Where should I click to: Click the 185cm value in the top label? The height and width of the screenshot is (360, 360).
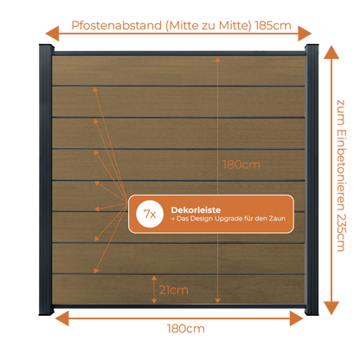273,25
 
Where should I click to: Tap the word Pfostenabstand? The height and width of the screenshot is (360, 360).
117,25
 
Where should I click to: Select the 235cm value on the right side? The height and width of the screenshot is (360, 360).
341,232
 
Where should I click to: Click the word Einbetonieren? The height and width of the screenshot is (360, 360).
341,170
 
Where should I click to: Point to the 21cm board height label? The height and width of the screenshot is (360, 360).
174,290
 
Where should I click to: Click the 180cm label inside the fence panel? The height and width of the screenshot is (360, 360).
241,164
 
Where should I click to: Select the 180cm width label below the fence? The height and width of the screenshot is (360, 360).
186,329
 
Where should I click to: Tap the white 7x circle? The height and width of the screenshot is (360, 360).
150,214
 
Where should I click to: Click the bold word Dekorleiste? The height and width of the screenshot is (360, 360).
196,209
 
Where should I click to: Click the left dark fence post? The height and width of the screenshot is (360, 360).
46,179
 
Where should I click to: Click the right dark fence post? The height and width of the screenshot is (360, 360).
312,179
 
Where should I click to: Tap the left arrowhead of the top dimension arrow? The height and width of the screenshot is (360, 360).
52,34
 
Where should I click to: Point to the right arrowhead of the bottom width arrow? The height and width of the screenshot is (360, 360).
297,318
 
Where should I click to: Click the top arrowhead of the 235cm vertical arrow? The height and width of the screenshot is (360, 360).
331,52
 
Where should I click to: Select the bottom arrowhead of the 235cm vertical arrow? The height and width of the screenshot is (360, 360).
331,308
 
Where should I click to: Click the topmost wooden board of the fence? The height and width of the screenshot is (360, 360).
178,71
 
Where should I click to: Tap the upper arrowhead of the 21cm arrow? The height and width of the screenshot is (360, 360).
154,278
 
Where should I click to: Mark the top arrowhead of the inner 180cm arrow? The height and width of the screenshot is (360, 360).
217,60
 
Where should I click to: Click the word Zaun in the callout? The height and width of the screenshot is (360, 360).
277,219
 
